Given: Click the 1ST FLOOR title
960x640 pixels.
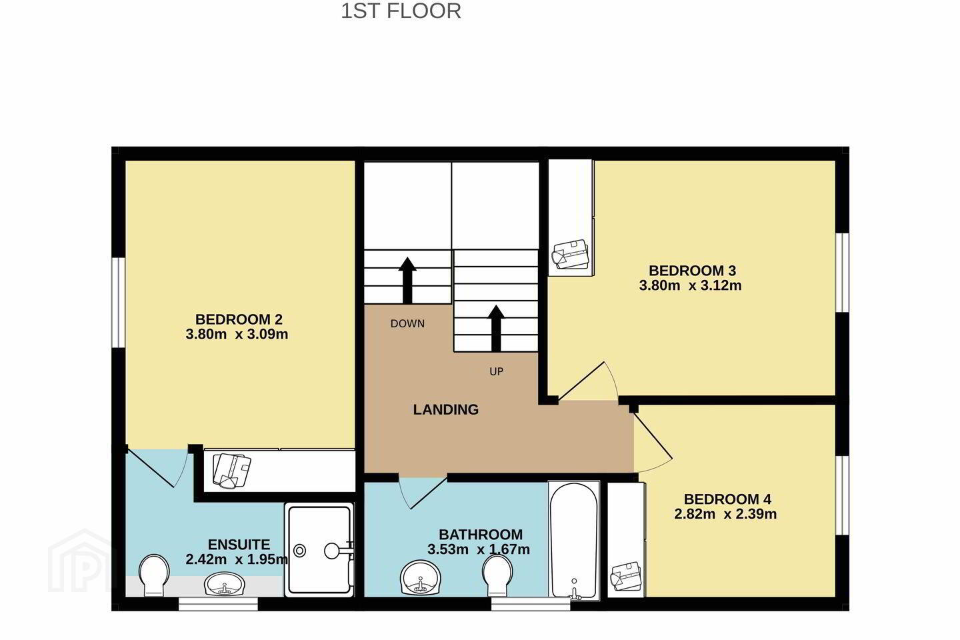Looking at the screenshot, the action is pos(401,11).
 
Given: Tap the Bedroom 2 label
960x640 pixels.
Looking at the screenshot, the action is pos(239,319).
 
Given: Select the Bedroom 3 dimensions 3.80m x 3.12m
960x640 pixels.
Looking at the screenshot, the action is pos(690,285).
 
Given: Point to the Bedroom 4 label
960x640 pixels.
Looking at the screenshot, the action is pos(727,499).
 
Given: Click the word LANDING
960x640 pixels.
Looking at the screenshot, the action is pos(446,409).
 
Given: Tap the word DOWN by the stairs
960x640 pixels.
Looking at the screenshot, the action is pos(407,323).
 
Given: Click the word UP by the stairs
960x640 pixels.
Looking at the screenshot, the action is pos(496,371).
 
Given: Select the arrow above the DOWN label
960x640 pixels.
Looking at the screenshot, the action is pos(407,281).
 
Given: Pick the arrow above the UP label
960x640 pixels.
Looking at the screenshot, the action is pos(496,329).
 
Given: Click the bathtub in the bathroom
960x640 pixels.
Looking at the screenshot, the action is pos(574,540).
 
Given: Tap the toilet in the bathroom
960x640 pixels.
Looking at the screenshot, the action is pos(497,575).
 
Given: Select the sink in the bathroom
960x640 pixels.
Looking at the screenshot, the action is pos(421,577).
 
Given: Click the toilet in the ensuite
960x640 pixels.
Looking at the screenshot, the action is pos(154,575).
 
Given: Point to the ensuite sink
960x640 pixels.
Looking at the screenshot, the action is pos(225,584).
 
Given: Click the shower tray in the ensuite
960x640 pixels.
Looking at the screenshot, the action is pos(319,550).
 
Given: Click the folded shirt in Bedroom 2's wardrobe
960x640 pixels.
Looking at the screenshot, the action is pos(231,471).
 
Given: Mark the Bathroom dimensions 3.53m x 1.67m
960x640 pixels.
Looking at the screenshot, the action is pos(478,549).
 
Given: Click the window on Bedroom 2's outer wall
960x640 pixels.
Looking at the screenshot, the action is pos(118,302).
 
